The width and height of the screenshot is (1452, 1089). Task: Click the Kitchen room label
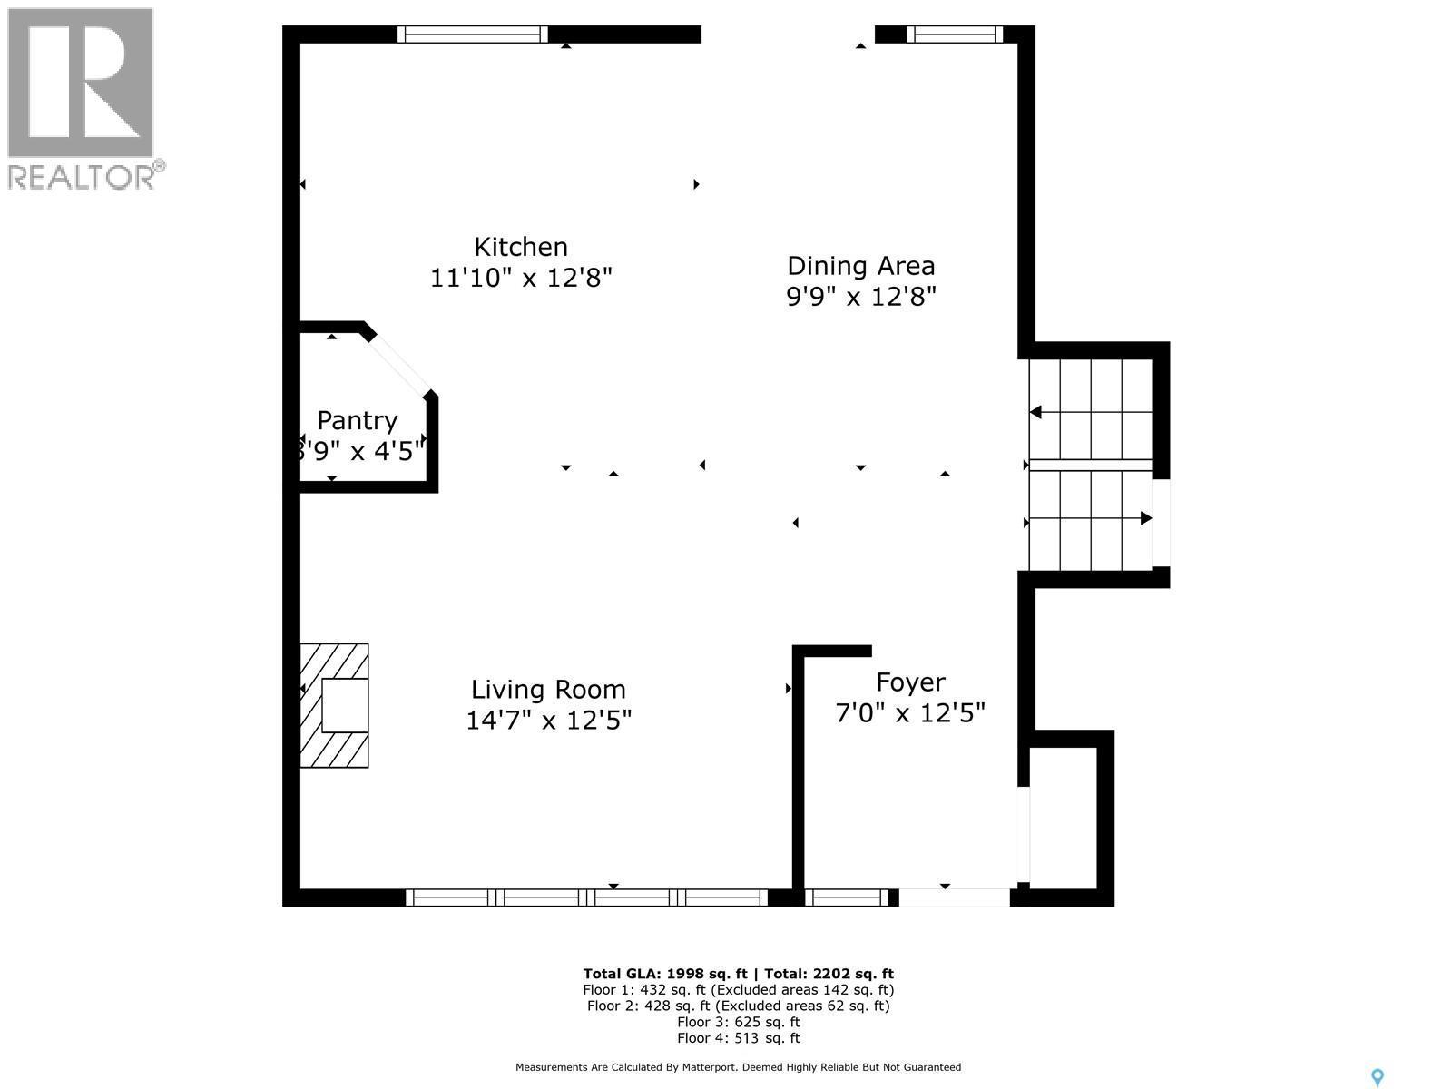pos(521,247)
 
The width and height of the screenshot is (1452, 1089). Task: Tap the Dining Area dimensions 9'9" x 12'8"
pos(860,297)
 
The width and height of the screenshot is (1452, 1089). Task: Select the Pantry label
pos(358,421)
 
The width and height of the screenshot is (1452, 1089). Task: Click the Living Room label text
pos(548,690)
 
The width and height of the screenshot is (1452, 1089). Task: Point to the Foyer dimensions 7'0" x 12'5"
pos(910,713)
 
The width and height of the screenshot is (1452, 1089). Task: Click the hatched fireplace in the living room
pos(334,705)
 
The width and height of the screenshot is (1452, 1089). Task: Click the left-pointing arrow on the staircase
pos(1036,412)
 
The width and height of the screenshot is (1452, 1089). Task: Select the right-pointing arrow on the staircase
pos(1145,518)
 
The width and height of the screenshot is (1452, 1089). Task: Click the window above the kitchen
pos(472,34)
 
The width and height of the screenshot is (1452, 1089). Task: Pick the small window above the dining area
pos(954,34)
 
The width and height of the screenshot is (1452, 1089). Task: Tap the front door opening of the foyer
pos(954,898)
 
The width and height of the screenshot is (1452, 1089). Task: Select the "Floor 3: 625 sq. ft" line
pos(738,1022)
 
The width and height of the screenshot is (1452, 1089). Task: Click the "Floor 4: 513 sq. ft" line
pos(738,1038)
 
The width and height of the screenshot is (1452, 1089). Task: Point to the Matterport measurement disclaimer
pos(738,1067)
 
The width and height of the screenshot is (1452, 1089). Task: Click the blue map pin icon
pos(1377,1077)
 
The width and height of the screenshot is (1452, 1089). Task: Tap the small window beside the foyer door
pos(847,898)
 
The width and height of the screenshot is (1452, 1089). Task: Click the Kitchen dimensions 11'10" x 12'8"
pos(521,278)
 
